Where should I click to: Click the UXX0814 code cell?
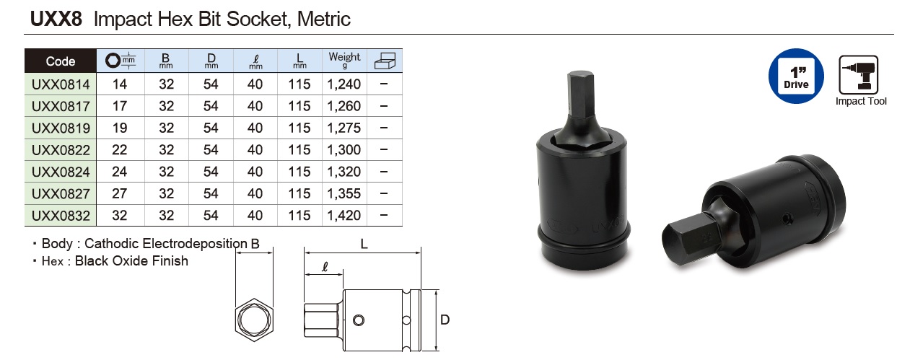61,84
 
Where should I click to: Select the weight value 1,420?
344,216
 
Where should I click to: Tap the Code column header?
61,61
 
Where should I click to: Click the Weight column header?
344,60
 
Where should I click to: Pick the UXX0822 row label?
61,150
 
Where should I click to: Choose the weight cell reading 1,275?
344,128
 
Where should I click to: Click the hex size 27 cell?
120,193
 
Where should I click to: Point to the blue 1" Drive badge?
796,76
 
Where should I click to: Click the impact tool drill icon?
859,75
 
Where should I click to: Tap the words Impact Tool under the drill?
861,101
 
